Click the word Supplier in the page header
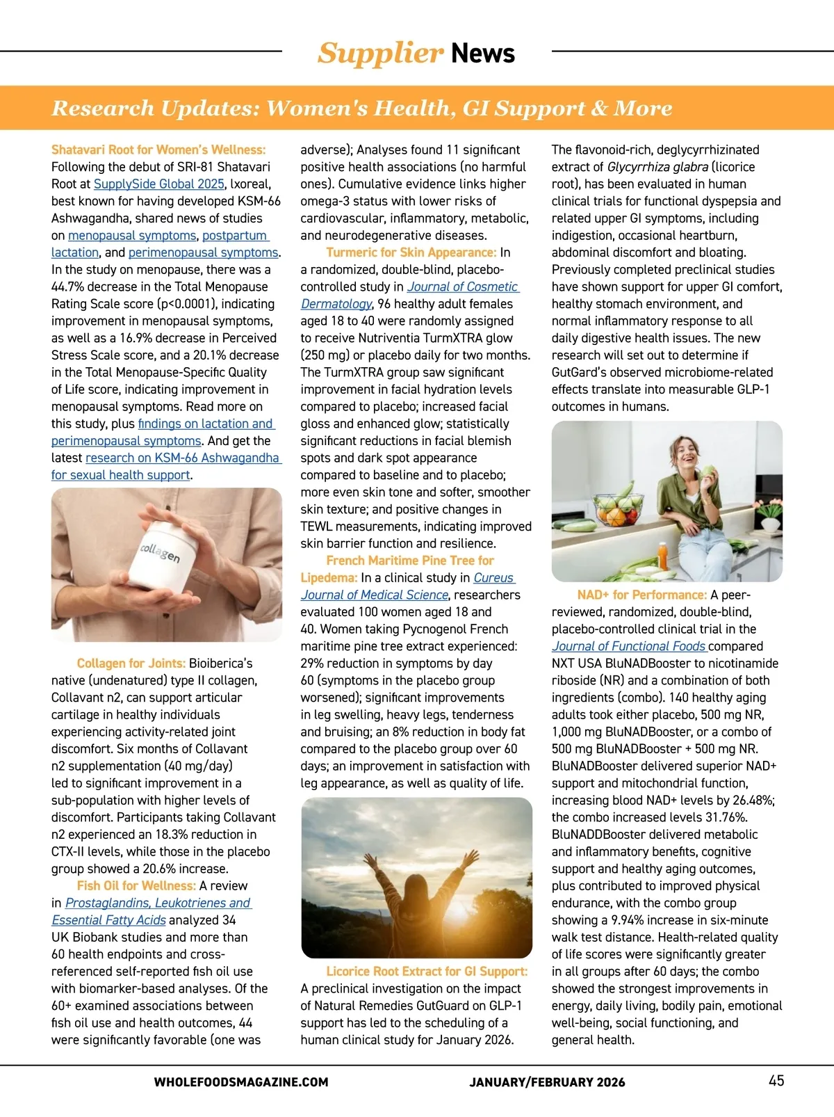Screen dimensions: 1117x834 379,54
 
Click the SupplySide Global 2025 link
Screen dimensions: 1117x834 159,184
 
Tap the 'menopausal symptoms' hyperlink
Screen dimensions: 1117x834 132,236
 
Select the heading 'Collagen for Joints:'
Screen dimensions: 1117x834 131,664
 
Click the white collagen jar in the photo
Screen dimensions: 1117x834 160,556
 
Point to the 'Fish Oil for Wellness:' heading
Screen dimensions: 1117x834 136,886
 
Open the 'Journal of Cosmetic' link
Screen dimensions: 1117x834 462,287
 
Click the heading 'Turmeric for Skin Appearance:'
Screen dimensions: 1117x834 411,252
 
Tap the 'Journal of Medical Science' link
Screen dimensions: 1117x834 375,595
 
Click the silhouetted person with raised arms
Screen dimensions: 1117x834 414,897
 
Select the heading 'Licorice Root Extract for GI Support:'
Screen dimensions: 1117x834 427,972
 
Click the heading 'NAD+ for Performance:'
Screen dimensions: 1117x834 641,595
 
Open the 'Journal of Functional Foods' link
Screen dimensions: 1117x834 629,647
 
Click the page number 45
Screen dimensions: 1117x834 776,1081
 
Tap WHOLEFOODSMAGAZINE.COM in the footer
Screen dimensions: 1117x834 241,1082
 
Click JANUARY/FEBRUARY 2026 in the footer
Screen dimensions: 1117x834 547,1082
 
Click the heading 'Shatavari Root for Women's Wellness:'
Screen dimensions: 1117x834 158,150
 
